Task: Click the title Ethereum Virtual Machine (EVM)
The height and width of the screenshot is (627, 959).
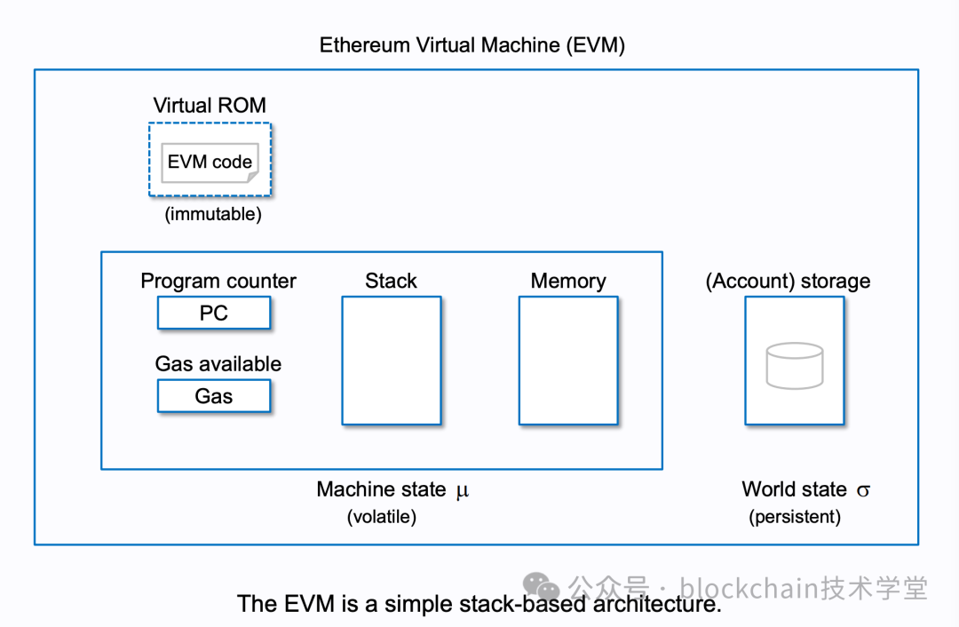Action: [472, 45]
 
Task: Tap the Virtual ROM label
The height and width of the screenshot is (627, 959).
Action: [210, 105]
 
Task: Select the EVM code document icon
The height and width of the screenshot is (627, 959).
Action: [210, 163]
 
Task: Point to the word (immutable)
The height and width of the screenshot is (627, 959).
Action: [213, 215]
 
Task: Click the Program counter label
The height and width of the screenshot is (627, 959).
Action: [218, 281]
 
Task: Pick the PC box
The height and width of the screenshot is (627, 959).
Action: [213, 313]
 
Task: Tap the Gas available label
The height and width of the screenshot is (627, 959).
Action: [218, 364]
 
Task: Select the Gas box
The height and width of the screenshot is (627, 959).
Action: [213, 396]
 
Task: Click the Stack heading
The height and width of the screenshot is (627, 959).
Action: [391, 281]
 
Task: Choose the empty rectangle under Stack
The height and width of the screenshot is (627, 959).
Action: [392, 361]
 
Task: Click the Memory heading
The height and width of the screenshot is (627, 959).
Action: [568, 281]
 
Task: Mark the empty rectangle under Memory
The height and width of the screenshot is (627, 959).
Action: [568, 361]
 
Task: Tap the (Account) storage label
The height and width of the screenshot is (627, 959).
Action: [788, 281]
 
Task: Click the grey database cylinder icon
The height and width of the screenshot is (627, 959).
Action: [795, 366]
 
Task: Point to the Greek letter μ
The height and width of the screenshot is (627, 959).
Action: [462, 490]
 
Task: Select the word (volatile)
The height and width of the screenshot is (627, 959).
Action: [382, 517]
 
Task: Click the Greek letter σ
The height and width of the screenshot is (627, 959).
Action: [863, 490]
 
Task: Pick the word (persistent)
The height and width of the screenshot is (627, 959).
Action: [795, 517]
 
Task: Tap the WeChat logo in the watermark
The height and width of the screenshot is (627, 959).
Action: [541, 586]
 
